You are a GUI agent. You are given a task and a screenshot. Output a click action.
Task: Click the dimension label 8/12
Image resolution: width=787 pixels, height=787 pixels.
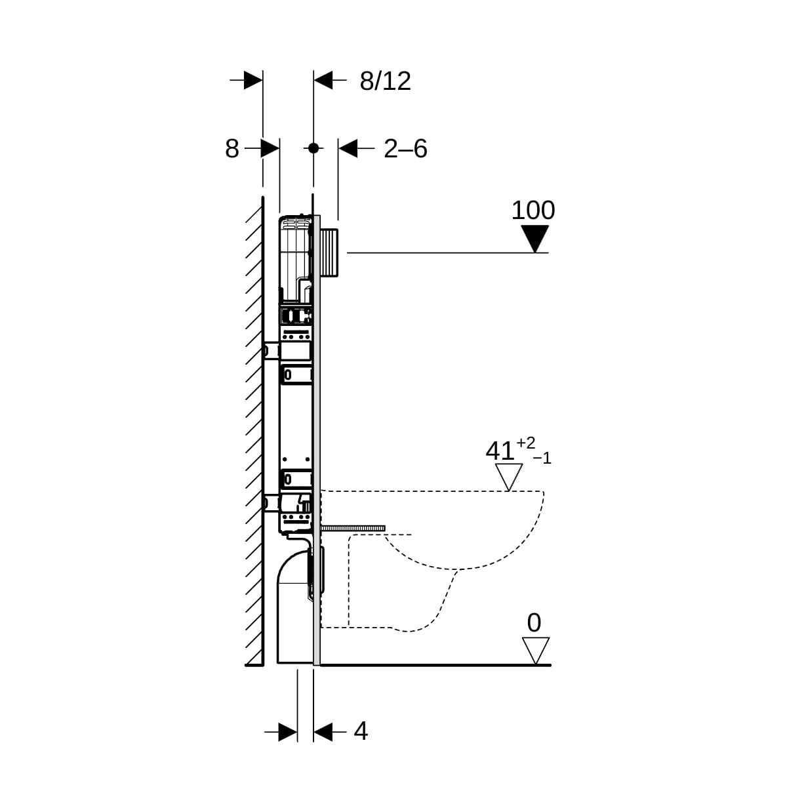coord(385,81)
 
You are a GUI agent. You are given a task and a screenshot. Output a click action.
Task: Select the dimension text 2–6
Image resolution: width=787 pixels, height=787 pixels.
coord(405,149)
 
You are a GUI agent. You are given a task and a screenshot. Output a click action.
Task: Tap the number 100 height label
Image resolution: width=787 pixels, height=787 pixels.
coord(533,210)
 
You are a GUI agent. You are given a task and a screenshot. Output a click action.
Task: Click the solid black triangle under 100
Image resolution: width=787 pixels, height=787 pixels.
coord(535,237)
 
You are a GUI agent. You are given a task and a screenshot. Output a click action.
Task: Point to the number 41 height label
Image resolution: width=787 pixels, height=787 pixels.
coord(500,451)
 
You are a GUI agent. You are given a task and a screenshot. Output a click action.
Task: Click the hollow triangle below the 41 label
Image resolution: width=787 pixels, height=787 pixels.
coord(509,475)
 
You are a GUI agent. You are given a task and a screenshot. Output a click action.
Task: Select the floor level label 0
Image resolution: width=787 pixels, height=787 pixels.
coord(534,623)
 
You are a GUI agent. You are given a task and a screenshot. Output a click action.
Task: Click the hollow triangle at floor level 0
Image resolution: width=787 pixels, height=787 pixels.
coord(536,649)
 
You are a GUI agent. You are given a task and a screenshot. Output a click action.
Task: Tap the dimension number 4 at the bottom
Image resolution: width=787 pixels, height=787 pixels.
coord(361,731)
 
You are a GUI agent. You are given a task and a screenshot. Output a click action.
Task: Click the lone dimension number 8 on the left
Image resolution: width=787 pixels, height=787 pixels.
coord(232,149)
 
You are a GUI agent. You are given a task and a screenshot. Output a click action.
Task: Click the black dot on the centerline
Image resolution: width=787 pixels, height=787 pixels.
coord(313,148)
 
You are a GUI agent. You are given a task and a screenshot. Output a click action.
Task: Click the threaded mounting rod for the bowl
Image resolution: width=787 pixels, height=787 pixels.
coord(354,528)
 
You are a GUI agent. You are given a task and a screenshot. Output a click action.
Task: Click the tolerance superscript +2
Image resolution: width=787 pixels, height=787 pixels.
coord(525,443)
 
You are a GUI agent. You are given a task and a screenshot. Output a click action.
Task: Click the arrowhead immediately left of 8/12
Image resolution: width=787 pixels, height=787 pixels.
coord(323,81)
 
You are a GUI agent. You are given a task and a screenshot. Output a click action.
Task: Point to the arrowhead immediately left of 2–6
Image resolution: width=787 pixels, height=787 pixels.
coord(348,148)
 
